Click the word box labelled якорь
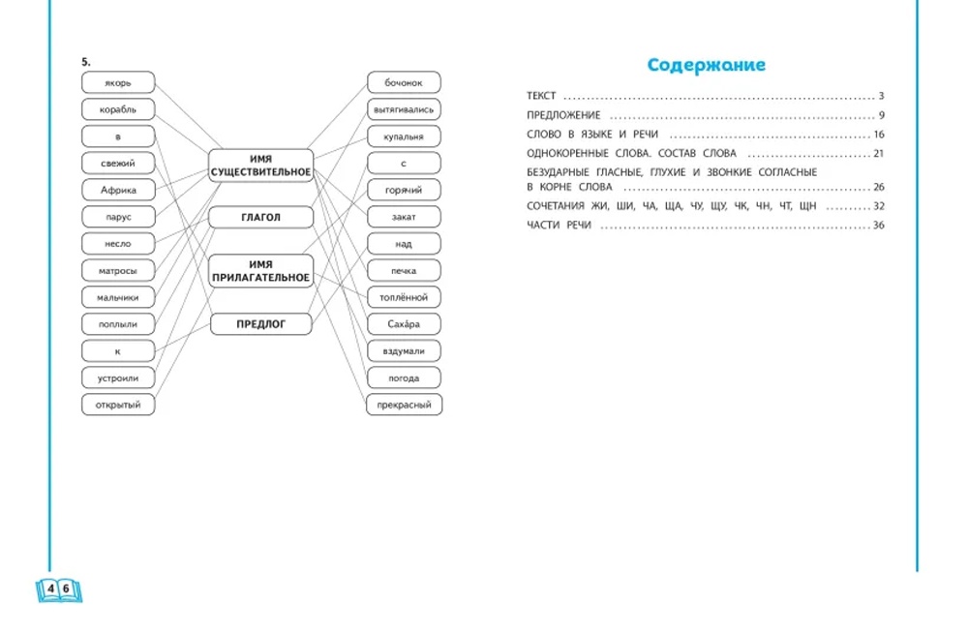(118, 82)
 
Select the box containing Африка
(118, 190)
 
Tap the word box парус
(118, 217)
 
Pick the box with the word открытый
(118, 405)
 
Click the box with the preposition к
(118, 351)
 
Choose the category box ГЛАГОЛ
(260, 217)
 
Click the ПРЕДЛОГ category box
(260, 324)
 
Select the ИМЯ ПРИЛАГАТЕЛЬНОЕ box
(260, 271)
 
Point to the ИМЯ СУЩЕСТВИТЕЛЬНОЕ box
(260, 166)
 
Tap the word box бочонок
(404, 82)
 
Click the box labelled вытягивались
(404, 110)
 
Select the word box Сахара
(404, 324)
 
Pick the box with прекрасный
(405, 405)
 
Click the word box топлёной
(404, 297)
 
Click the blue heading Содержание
(707, 65)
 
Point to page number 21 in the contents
(879, 153)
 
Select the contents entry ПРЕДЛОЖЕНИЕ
(563, 115)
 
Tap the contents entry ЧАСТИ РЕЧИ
(559, 226)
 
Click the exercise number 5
(86, 62)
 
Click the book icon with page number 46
(59, 590)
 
